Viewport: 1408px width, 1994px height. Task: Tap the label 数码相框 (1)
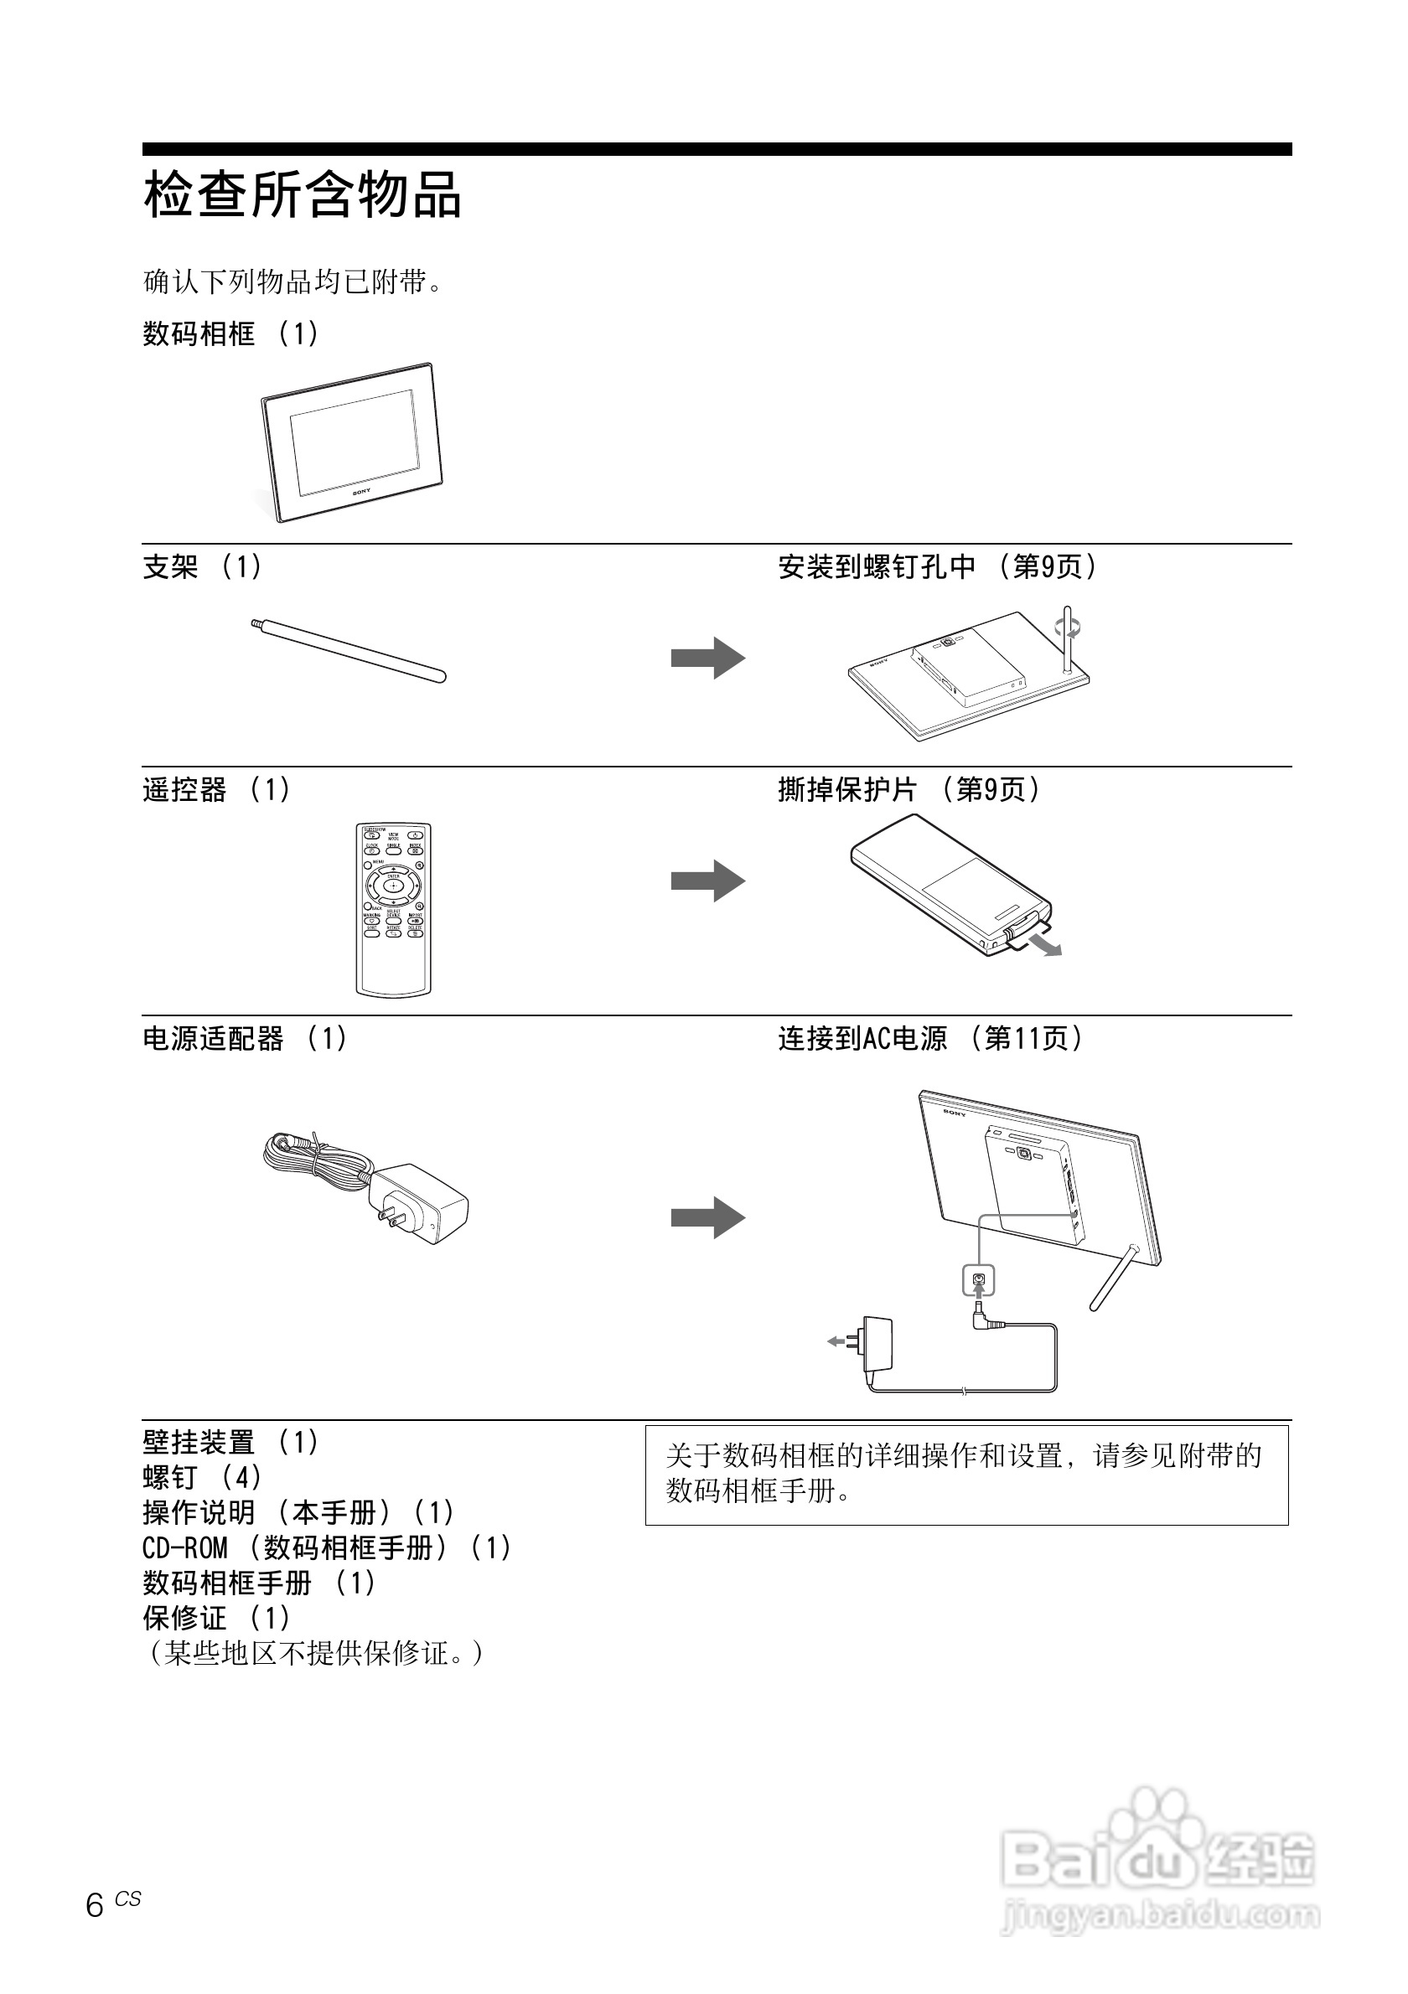pyautogui.click(x=231, y=333)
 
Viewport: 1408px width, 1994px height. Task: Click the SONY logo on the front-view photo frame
pyautogui.click(x=361, y=492)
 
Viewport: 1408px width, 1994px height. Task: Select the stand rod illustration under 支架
pyautogui.click(x=349, y=650)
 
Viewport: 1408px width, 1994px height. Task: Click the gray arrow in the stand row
pyautogui.click(x=707, y=658)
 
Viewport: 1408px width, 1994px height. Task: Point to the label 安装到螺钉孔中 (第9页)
pyautogui.click(x=937, y=567)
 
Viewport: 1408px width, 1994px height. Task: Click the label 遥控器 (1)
pyautogui.click(x=216, y=789)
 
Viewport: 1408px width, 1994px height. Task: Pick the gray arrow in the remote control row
pyautogui.click(x=707, y=881)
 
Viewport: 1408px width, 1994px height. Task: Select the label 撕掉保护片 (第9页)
pyautogui.click(x=908, y=789)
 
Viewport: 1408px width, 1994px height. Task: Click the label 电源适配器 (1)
pyautogui.click(x=245, y=1038)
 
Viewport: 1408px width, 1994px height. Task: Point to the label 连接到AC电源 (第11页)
pyautogui.click(x=930, y=1038)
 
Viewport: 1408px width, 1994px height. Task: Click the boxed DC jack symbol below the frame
pyautogui.click(x=979, y=1280)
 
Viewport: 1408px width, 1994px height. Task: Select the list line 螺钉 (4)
pyautogui.click(x=201, y=1477)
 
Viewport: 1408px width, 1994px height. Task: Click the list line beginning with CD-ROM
pyautogui.click(x=327, y=1547)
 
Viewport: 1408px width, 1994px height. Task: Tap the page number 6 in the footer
pyautogui.click(x=95, y=1904)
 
